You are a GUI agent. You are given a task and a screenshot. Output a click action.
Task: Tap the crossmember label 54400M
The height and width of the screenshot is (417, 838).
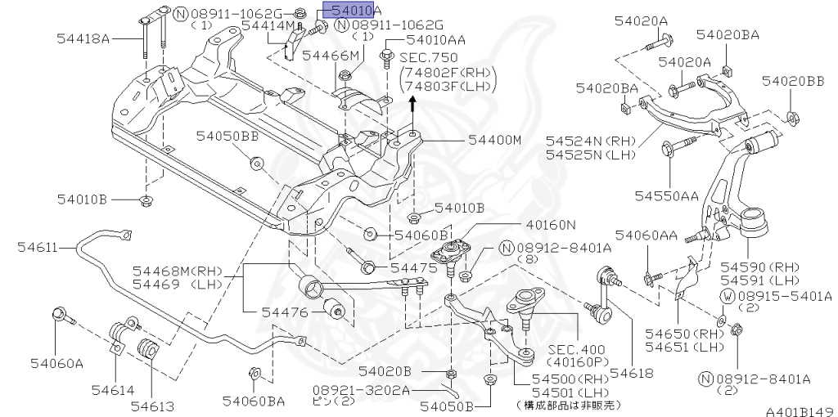494,141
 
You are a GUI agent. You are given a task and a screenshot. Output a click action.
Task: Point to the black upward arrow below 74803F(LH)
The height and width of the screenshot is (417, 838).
412,103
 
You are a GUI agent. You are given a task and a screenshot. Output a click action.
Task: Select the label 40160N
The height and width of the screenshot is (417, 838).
549,224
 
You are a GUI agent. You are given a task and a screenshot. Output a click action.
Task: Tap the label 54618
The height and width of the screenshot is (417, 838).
632,373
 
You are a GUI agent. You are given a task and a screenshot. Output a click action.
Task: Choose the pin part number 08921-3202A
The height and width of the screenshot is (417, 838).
360,391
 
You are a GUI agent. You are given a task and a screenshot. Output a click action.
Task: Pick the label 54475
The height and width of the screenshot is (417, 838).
413,267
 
